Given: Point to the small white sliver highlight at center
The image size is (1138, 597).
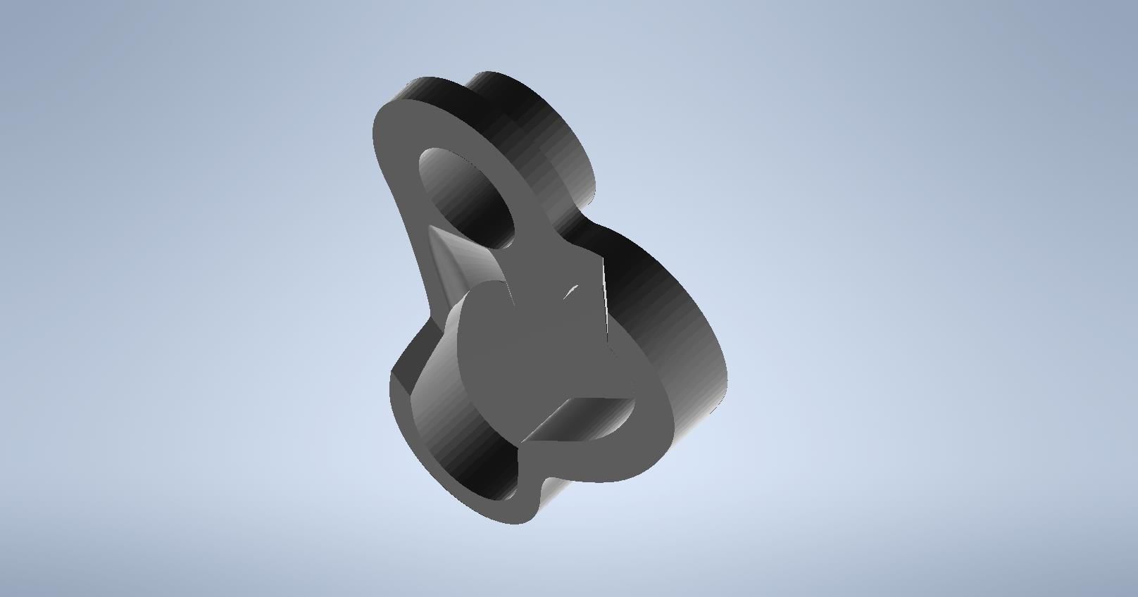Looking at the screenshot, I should [570, 291].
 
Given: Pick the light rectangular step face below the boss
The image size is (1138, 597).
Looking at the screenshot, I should [577, 415].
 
